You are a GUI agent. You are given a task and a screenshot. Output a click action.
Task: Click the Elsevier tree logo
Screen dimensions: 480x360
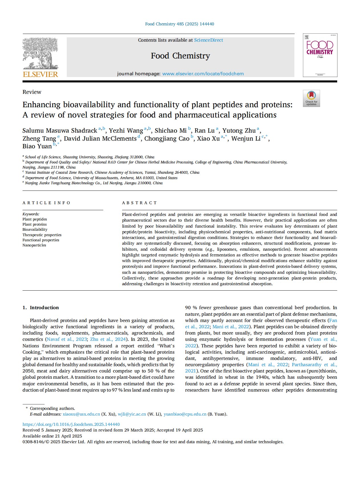pos(40,54)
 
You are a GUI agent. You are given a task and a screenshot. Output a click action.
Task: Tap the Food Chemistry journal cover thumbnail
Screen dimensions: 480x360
pos(320,55)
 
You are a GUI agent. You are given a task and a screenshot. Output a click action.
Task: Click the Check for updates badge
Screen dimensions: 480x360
pos(311,98)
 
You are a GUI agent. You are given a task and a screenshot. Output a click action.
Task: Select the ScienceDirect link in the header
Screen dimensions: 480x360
pos(209,40)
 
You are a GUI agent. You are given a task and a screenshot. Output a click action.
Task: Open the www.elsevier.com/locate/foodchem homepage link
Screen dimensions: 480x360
pos(203,74)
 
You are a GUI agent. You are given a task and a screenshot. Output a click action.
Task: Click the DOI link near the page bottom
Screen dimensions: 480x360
pos(71,424)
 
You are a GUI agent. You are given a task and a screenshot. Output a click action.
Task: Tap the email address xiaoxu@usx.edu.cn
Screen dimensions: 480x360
pos(81,414)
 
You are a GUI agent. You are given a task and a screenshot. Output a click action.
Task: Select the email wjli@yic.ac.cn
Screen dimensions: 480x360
pos(132,414)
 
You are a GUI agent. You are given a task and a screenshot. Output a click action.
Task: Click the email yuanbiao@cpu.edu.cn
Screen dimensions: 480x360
pos(185,414)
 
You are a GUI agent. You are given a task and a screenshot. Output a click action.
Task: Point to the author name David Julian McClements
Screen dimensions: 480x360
pos(100,139)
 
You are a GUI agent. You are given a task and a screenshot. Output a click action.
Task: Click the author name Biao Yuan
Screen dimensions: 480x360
pos(37,146)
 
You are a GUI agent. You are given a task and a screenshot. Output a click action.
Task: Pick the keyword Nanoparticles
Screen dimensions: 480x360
pos(34,245)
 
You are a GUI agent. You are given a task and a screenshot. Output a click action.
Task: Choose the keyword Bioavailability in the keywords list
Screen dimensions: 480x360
pos(35,230)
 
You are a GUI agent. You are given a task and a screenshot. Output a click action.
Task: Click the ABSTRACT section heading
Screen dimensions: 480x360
pos(139,203)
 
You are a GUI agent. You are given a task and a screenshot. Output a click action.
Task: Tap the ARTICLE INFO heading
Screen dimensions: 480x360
pos(46,203)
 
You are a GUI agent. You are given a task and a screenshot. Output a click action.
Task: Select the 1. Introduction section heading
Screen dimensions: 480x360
pos(41,307)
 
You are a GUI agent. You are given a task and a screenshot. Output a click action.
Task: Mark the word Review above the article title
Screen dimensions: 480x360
pos(32,92)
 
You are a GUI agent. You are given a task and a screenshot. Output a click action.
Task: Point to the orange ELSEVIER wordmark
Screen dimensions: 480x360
pos(40,74)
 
